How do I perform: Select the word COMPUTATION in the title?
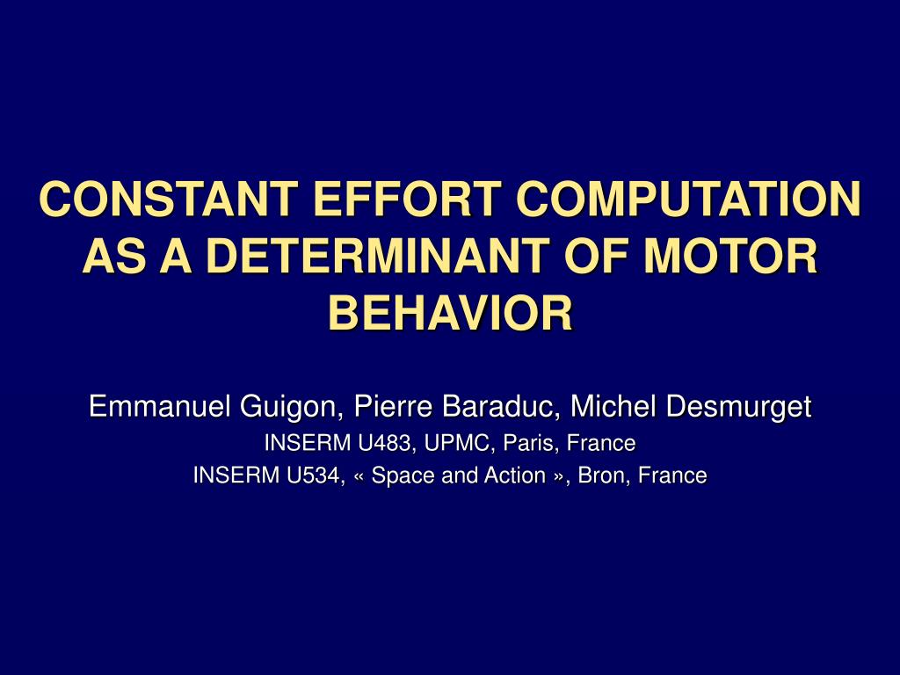[x=688, y=199]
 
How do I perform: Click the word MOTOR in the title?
[x=730, y=256]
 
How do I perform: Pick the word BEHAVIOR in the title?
[x=451, y=314]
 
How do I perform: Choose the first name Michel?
[x=613, y=406]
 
